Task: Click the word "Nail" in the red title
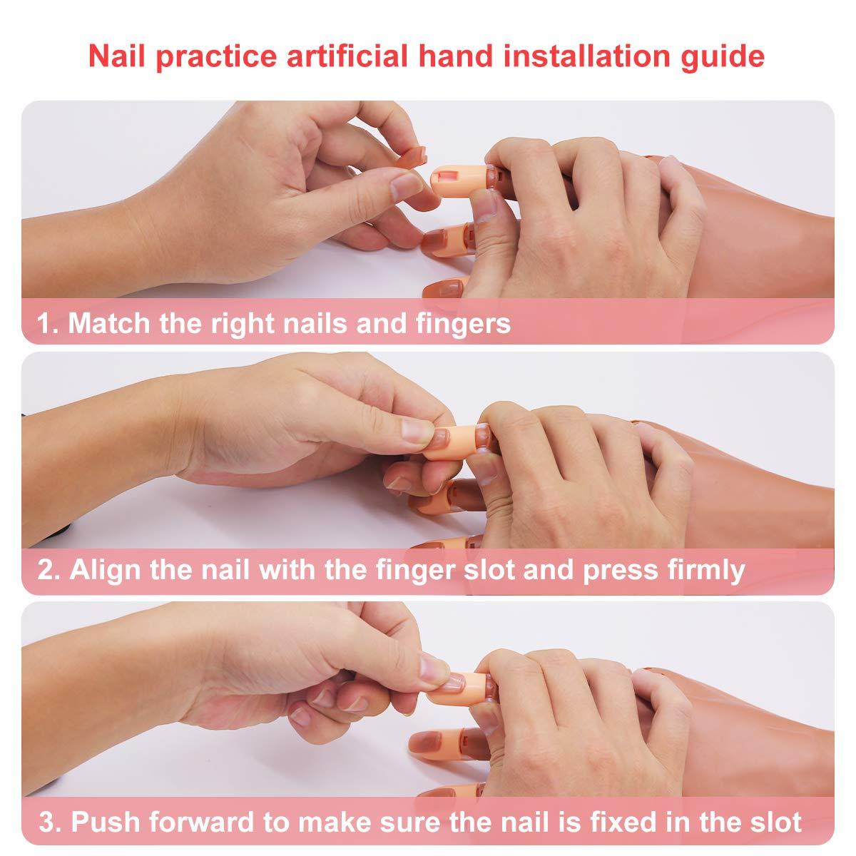click(116, 56)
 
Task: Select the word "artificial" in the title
click(347, 56)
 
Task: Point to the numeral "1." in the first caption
click(49, 323)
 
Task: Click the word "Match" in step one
click(109, 323)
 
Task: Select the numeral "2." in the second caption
click(49, 569)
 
